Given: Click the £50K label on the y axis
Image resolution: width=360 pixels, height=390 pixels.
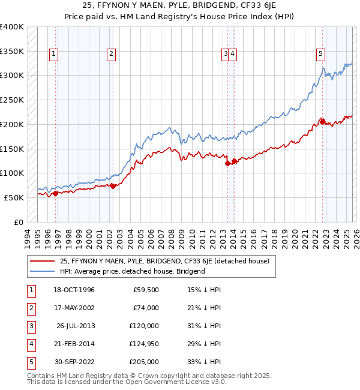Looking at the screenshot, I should coord(14,197).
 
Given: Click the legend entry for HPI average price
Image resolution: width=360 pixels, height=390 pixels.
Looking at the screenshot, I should coord(133,271).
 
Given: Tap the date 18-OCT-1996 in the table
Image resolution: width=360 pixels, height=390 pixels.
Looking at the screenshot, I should coord(74,290).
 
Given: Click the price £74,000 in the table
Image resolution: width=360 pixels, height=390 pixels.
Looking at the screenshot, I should coord(146,308).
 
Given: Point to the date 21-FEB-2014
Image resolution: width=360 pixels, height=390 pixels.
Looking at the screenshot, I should coord(74,344).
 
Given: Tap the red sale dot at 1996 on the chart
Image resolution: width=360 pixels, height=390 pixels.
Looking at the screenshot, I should coord(55,193).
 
